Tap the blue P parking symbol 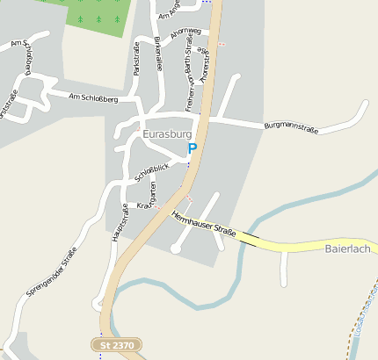193,149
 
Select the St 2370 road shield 117,346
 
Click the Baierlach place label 349,249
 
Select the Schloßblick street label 151,174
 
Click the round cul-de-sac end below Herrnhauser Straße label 176,249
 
